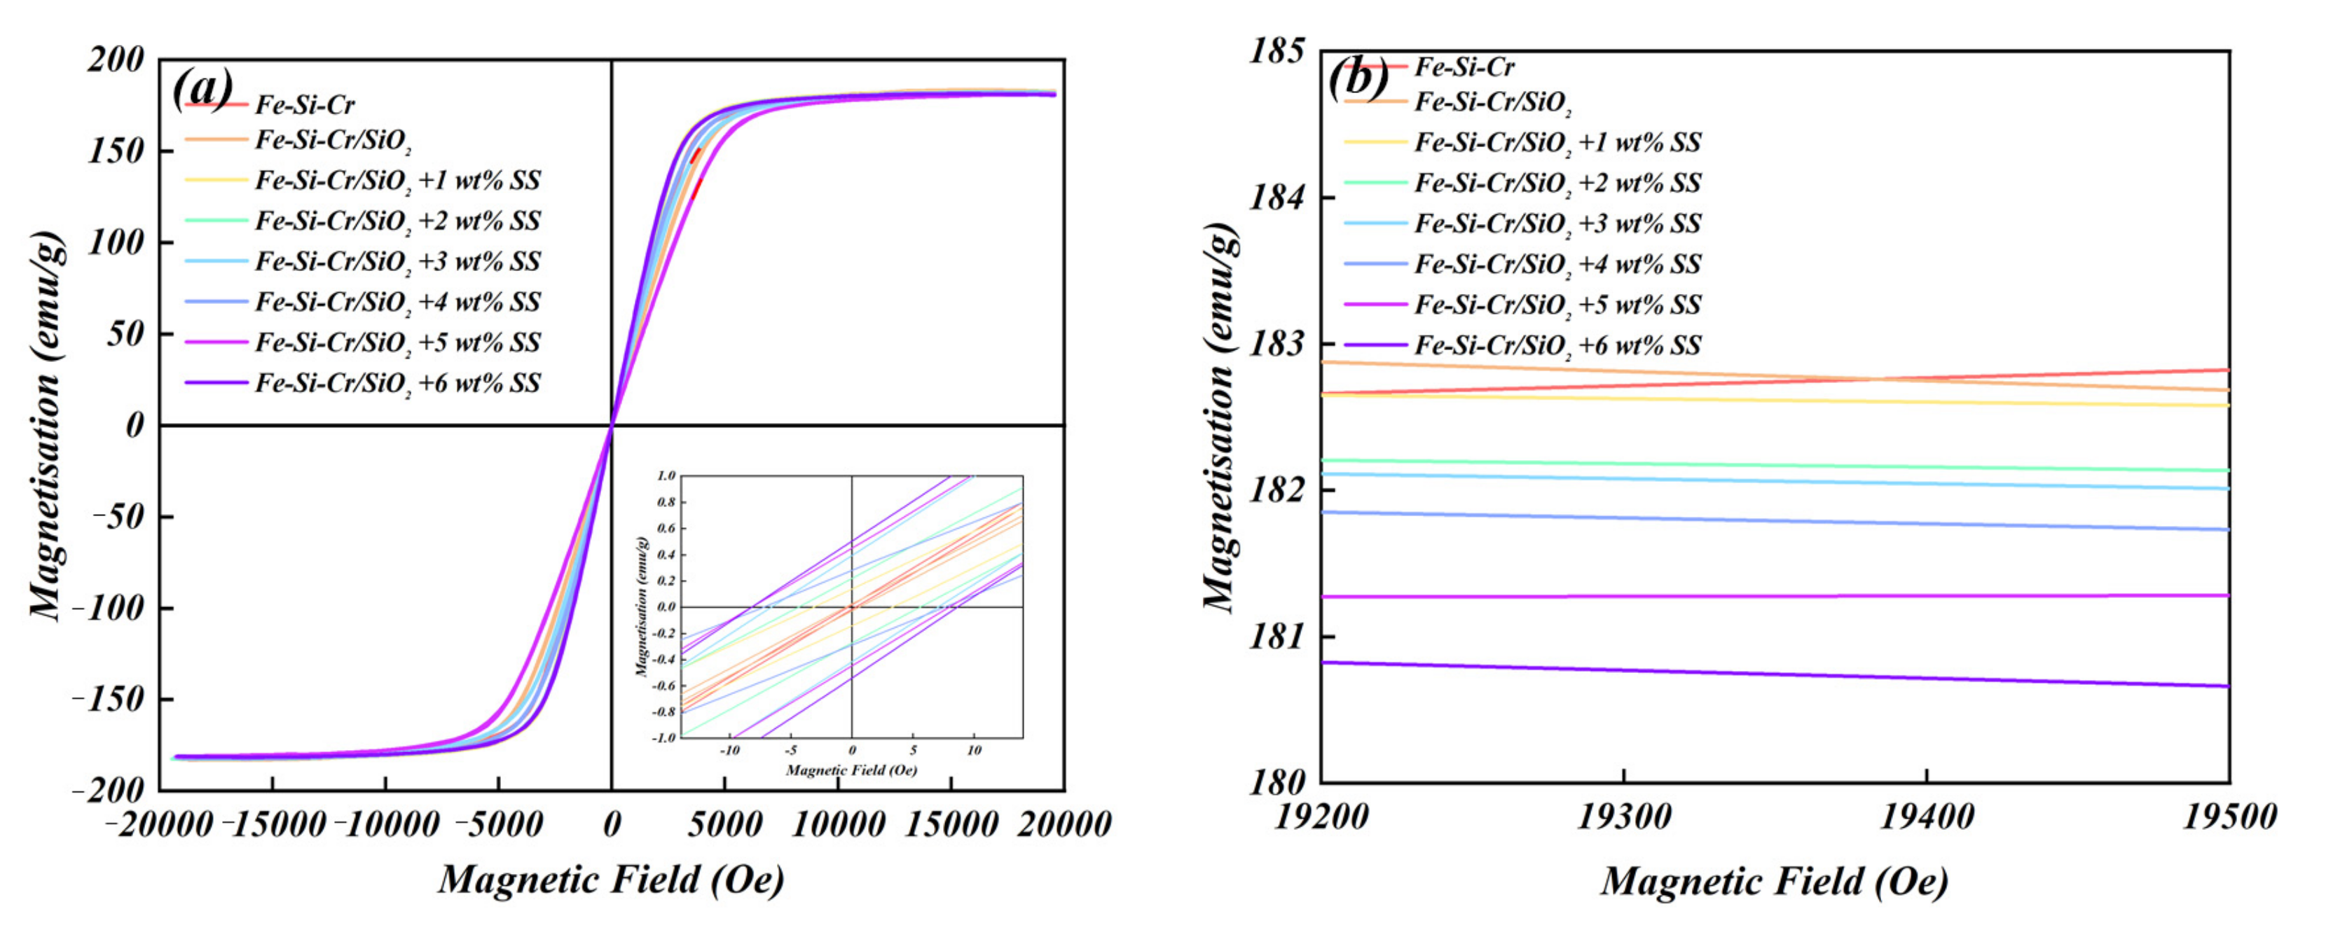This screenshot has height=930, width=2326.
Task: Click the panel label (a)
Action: pyautogui.click(x=202, y=90)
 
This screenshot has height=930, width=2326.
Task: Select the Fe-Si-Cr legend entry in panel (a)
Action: pyautogui.click(x=304, y=105)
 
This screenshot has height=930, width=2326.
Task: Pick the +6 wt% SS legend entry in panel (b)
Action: pyautogui.click(x=1557, y=345)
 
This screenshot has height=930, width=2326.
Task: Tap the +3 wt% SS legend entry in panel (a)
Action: pyautogui.click(x=397, y=262)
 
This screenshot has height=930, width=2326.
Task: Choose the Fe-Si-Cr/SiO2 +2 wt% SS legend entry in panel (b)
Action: pyautogui.click(x=1557, y=183)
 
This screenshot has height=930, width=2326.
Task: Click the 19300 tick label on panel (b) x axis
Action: pyautogui.click(x=1623, y=818)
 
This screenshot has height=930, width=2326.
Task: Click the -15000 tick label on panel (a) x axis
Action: pyautogui.click(x=273, y=824)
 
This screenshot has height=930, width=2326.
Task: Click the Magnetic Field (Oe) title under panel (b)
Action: pyautogui.click(x=1775, y=881)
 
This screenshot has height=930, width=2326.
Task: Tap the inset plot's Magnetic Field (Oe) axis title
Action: pyautogui.click(x=851, y=770)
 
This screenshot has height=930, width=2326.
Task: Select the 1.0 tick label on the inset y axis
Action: pyautogui.click(x=666, y=476)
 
